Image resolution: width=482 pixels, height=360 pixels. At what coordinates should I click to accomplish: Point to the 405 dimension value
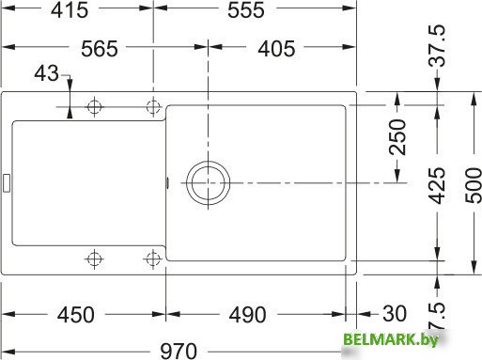point(276,49)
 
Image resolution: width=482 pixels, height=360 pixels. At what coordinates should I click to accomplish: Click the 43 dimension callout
point(45,73)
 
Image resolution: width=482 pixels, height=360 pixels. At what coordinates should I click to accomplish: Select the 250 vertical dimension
point(397,137)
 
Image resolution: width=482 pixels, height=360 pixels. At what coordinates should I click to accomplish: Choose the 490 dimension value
point(247,314)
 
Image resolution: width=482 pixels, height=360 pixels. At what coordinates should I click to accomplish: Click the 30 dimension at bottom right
point(392,314)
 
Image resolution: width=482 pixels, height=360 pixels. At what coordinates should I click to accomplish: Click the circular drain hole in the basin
point(207,181)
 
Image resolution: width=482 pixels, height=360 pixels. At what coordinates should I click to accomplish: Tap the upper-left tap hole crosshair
point(93,107)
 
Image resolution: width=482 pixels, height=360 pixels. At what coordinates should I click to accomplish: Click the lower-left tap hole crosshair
point(93,258)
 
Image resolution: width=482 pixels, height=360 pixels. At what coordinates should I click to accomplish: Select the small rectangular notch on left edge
point(7,181)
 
